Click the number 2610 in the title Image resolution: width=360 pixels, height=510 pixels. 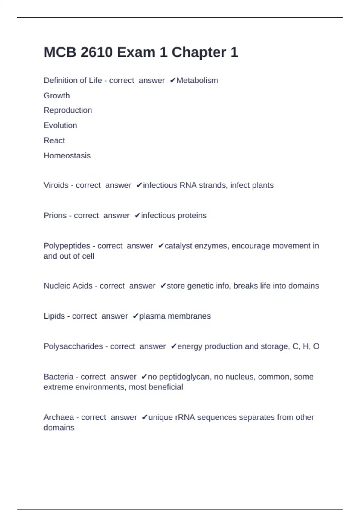pos(97,52)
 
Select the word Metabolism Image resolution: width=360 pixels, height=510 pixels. pos(197,80)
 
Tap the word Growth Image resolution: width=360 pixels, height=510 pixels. pos(57,95)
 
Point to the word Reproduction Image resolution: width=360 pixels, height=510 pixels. pos(68,110)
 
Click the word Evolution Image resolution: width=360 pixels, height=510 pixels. pos(60,125)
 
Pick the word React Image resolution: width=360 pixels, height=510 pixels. pos(54,140)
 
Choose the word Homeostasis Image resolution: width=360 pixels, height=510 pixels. pos(67,155)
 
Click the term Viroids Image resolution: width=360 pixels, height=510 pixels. pos(56,185)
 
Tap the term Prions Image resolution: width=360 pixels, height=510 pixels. pos(55,215)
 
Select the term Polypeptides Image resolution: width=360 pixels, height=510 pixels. pos(67,246)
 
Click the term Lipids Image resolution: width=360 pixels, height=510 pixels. pos(54,316)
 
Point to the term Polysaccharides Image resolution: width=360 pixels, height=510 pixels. pos(73,346)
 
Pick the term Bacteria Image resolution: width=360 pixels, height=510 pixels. pos(58,376)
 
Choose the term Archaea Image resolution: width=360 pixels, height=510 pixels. pos(59,417)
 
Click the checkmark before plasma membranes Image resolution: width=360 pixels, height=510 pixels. pos(136,316)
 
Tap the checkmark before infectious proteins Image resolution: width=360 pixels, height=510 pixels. pos(137,215)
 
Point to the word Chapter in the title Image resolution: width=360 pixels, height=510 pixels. pos(199,52)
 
